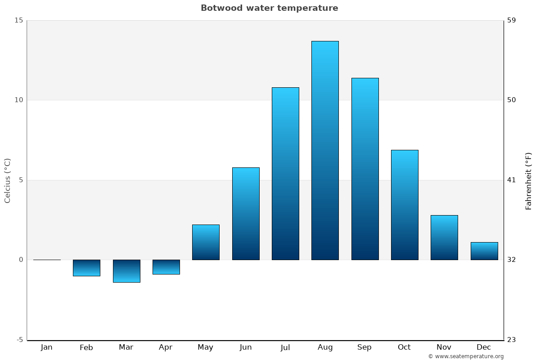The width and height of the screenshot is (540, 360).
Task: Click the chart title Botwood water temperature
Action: coord(269,8)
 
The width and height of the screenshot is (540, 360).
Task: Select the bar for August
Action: coord(325,150)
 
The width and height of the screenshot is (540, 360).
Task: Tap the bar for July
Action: coord(285,174)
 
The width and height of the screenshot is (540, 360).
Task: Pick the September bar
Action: coord(364,169)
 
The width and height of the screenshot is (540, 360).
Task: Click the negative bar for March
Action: coord(126,271)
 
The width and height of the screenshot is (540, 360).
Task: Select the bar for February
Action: coord(86,268)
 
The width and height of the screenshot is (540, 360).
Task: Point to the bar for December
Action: coord(484,251)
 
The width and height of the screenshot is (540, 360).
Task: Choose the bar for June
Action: coord(246,214)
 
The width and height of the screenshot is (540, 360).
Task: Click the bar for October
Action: coord(405,205)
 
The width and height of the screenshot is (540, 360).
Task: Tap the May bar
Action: coord(206,242)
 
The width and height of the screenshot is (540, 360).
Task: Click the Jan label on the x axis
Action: coord(46,347)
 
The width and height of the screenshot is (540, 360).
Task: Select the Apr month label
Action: coord(166,347)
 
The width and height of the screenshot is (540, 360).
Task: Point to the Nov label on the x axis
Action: coord(444,347)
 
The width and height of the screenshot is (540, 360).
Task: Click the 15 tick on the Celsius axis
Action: coord(18,20)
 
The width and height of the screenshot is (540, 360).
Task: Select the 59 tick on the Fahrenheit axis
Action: coord(512,20)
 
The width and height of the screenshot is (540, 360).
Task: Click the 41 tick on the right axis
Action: coord(512,180)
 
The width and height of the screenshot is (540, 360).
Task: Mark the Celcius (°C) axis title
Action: coord(8,180)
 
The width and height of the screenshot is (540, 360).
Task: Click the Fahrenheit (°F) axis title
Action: coord(528,181)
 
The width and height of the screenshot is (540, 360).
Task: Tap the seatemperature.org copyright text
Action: coord(466,356)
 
